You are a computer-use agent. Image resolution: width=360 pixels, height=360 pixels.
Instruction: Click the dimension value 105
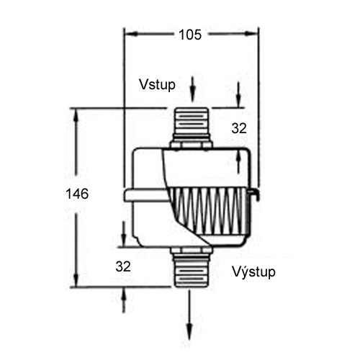[189, 34]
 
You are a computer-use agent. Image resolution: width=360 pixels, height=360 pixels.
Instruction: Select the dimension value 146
[76, 194]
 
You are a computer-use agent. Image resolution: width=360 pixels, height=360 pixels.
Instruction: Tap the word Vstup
[156, 84]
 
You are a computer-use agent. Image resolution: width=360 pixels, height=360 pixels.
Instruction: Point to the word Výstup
[253, 272]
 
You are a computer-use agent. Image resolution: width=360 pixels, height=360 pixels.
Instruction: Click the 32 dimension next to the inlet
[239, 128]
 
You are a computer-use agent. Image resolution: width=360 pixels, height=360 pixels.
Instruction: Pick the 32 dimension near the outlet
[123, 266]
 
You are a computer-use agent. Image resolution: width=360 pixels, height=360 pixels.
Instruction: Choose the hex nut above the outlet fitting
[191, 250]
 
